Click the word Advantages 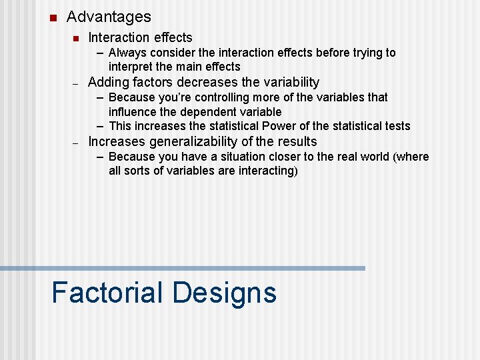[x=109, y=17]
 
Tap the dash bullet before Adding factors [x=76, y=84]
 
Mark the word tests [x=396, y=126]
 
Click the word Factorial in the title [x=107, y=293]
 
